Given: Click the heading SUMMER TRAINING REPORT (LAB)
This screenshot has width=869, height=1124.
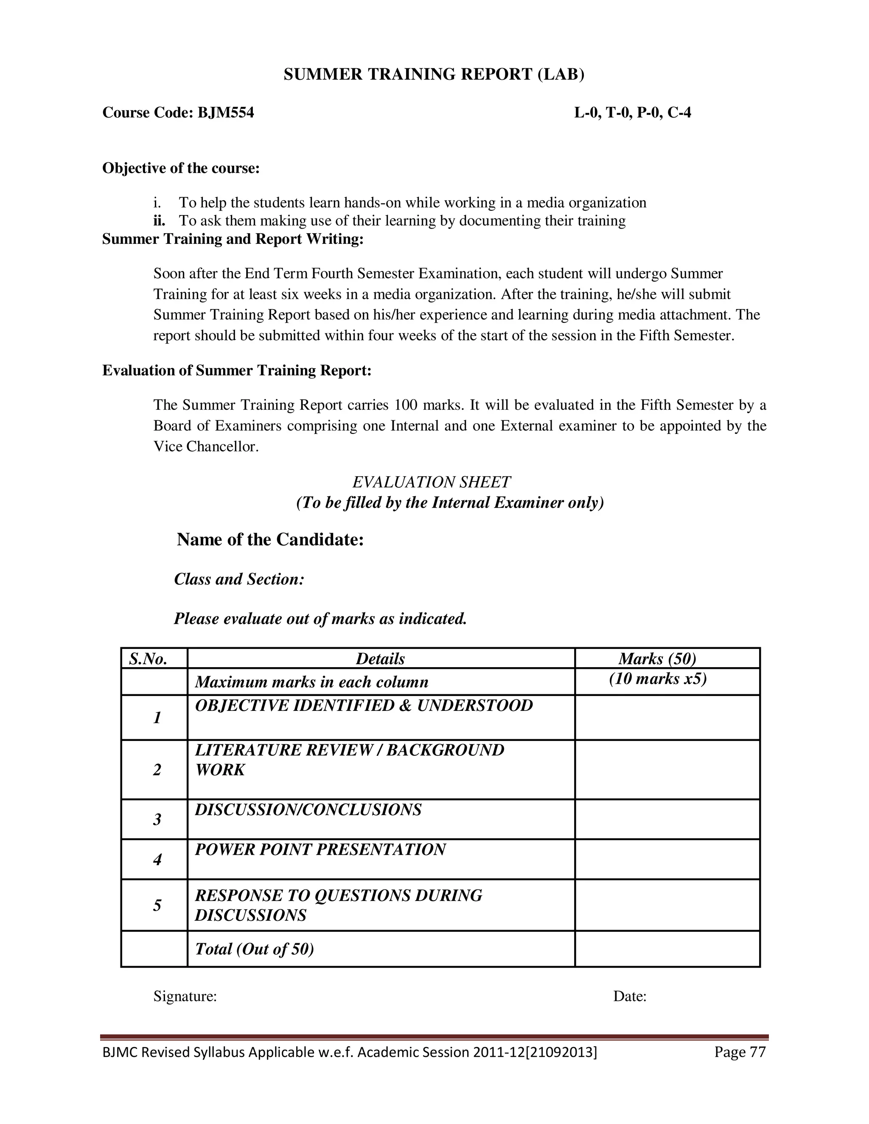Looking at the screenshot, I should point(434,75).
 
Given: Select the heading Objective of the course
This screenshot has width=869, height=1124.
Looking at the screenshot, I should point(181,168).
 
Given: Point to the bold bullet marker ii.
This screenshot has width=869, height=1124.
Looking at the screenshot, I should point(159,221).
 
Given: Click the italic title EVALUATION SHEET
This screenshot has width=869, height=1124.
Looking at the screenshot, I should point(432,482).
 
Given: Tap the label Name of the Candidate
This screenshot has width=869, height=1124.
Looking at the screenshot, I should point(270,540).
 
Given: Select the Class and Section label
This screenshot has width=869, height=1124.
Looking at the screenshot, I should point(239,579).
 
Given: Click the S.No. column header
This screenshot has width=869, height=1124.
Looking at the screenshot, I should point(148,659).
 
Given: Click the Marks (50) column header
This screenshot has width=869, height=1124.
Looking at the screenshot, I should point(657,659).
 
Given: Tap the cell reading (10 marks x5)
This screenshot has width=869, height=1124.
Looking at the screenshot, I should point(657,679).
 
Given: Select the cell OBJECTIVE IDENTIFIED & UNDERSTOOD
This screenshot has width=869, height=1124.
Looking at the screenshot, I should point(364,706).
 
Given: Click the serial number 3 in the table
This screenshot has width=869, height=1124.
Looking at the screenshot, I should point(157,819).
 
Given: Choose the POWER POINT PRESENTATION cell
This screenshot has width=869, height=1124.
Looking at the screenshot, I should point(320,850).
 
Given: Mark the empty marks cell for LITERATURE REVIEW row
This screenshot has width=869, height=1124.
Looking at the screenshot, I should point(667,769).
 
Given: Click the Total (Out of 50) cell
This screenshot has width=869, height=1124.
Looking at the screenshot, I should point(254,949).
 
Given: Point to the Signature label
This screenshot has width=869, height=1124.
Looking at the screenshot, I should point(185,996).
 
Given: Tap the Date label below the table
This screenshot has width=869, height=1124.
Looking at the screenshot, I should point(630,996).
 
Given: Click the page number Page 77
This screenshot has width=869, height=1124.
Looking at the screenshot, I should point(740,1052).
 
